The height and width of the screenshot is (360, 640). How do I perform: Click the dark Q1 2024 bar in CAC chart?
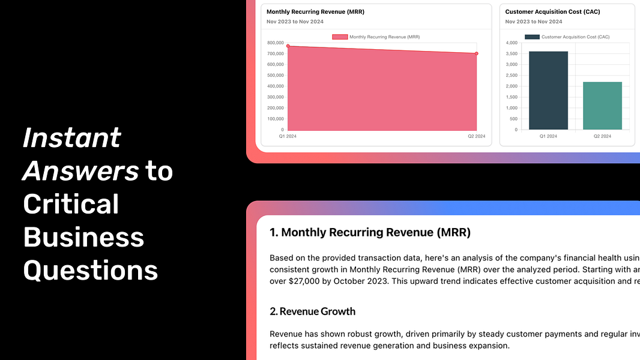coord(548,91)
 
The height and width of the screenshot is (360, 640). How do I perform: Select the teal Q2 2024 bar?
coord(602,106)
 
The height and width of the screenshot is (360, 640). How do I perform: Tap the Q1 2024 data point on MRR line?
coord(288,46)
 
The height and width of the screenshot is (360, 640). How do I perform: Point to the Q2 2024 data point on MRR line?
coord(476,53)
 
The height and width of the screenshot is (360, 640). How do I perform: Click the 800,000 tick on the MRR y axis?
coord(276,43)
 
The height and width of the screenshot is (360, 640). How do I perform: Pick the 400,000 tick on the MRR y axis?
coord(276,86)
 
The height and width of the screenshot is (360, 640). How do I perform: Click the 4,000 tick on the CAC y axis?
coord(512,43)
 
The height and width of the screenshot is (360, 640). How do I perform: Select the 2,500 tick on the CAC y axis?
coord(512,76)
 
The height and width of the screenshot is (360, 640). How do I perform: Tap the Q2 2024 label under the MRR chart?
coord(476,136)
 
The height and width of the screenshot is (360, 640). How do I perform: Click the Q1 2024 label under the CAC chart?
coord(548,136)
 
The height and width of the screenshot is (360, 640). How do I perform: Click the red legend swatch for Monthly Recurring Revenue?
coord(340,37)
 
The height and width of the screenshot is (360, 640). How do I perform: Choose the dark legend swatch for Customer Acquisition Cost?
coord(532,37)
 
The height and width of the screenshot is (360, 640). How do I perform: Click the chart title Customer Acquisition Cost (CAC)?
coord(553,12)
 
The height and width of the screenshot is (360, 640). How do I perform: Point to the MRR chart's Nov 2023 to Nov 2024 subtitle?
coord(295,22)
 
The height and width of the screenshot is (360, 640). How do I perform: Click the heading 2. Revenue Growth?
coord(313,311)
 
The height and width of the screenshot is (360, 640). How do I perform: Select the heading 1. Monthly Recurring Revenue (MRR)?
coord(370,232)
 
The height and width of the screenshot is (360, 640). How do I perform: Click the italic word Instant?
coord(72,137)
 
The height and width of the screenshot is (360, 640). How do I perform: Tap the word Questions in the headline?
coord(91,271)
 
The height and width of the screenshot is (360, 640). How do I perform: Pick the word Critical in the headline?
coord(71,204)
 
